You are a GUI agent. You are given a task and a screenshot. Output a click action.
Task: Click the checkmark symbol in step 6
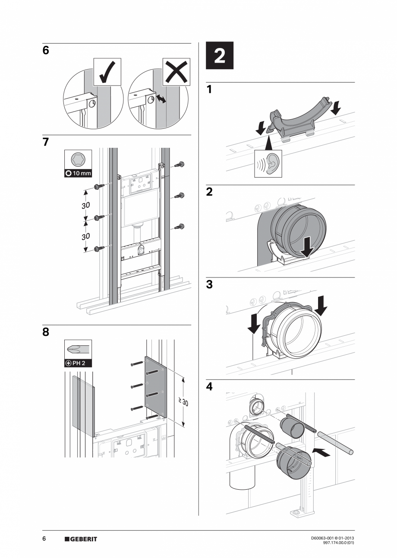(107, 72)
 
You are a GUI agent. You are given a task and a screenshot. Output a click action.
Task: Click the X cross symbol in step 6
(176, 72)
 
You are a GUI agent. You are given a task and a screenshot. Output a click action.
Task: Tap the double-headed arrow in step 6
(161, 99)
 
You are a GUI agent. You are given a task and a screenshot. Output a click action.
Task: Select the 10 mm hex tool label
(78, 173)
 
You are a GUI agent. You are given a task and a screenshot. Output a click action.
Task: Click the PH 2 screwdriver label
(78, 363)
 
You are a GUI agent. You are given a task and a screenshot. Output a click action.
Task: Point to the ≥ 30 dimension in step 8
(183, 402)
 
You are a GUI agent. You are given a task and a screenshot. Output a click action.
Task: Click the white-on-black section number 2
(219, 56)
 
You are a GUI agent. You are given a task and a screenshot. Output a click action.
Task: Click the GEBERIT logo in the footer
(81, 539)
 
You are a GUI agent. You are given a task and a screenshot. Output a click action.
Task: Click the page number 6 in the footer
(44, 539)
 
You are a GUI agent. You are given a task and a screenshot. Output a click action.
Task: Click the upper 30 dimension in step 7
(85, 205)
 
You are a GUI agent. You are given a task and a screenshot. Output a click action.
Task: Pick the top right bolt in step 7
(180, 165)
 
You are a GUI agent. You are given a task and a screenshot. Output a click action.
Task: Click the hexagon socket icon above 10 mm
(78, 159)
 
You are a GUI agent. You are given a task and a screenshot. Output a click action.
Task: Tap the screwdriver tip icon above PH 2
(78, 349)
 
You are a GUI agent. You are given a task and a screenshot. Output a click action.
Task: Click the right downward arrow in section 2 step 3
(321, 305)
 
